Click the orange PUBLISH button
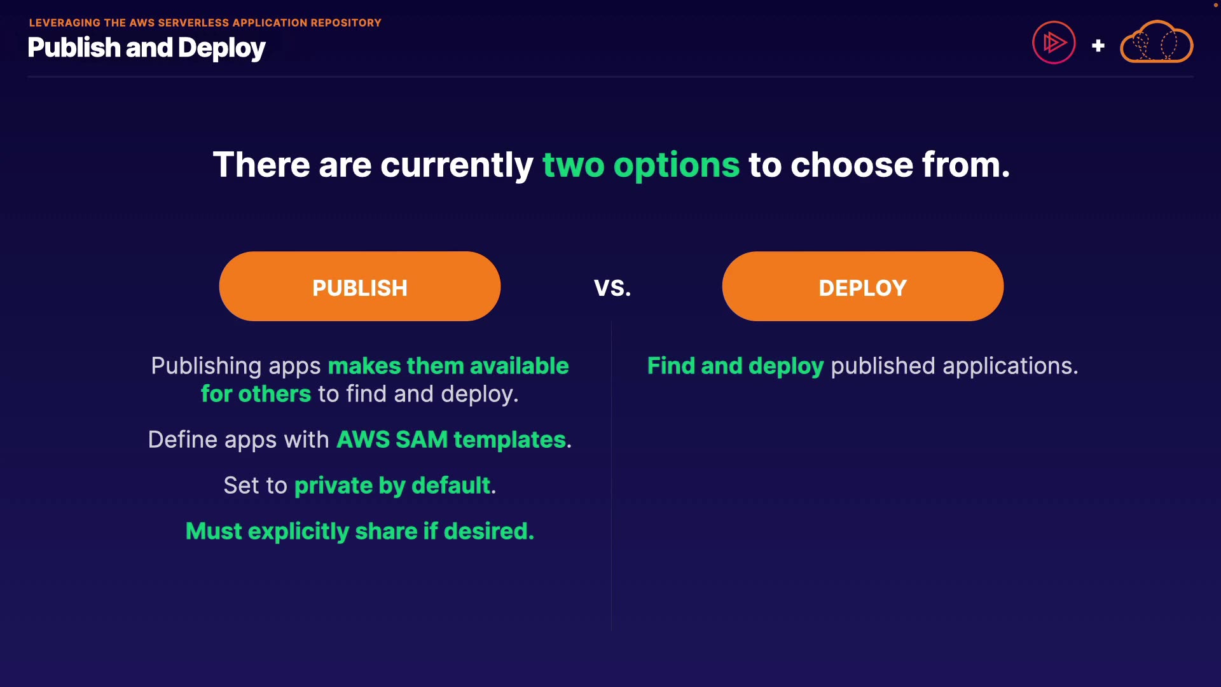point(360,286)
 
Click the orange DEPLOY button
point(863,286)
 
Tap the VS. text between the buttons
point(612,288)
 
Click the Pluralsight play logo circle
point(1054,43)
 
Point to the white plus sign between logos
point(1098,46)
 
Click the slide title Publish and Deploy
point(147,48)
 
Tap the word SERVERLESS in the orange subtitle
point(193,23)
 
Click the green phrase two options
point(641,165)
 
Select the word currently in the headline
point(457,165)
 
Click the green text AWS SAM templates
point(451,440)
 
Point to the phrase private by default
point(392,486)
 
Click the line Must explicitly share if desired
point(360,531)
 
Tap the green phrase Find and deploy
point(736,366)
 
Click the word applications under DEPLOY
point(1011,366)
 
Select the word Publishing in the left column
point(206,366)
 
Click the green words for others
point(256,394)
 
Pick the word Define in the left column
point(183,440)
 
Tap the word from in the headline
point(966,165)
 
